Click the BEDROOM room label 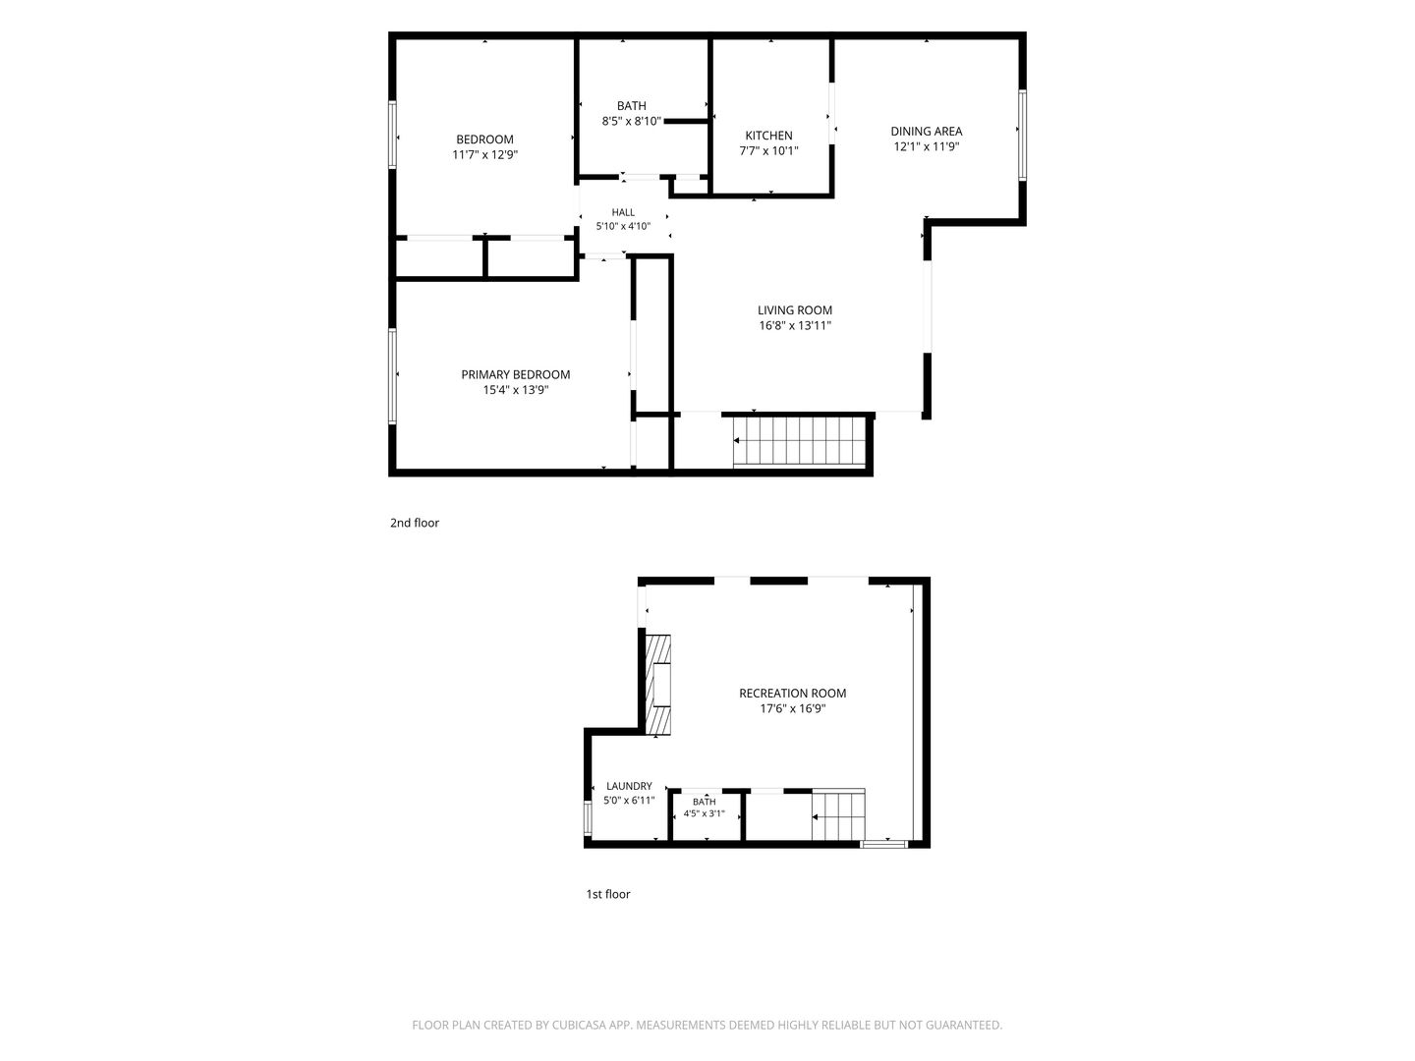[x=484, y=140]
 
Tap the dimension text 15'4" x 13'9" [x=516, y=390]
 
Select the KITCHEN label [x=768, y=136]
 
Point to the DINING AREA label [x=927, y=132]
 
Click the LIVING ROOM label [x=795, y=310]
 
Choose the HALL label [x=623, y=212]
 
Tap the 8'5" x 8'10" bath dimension [x=632, y=121]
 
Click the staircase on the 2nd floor [x=799, y=441]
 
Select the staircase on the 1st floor [x=838, y=815]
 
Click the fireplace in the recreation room [x=658, y=685]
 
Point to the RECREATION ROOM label [x=792, y=694]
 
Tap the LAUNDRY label [x=629, y=787]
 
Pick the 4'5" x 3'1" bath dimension [x=704, y=813]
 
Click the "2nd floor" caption [x=415, y=523]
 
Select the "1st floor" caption [x=608, y=894]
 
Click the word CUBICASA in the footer [x=580, y=1025]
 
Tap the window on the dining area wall [x=1022, y=135]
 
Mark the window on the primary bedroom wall [x=392, y=376]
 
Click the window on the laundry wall [x=588, y=818]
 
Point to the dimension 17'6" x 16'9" [x=792, y=709]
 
